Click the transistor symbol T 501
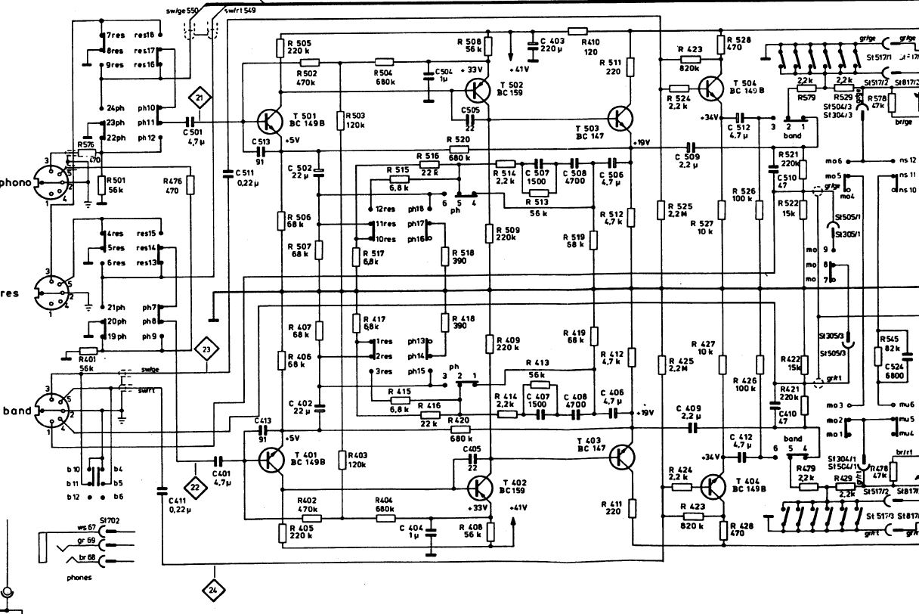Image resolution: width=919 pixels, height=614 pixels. pos(269,121)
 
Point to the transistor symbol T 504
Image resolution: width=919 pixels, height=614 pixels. pos(710,88)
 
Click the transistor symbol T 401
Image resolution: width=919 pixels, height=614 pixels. pos(269,458)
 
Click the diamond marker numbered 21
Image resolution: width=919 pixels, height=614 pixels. pos(199,98)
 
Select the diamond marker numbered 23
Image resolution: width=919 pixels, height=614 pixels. pos(206,349)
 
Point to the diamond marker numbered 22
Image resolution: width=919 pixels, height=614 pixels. pos(195,488)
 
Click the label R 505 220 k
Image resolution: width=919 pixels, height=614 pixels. pos(299,47)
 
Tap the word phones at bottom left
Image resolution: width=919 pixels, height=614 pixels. pos(79,577)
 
